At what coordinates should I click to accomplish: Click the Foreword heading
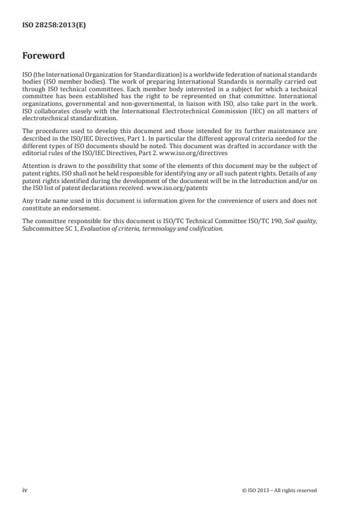point(43,56)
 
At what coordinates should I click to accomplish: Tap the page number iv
point(25,490)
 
